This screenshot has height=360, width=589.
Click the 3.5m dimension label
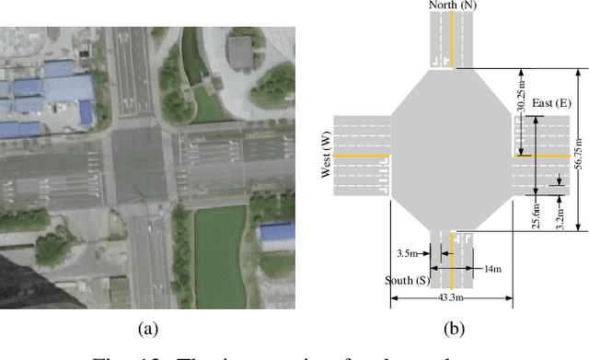coord(408,251)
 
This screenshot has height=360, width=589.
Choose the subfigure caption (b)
coord(453,327)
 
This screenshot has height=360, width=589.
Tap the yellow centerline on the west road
coord(359,156)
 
